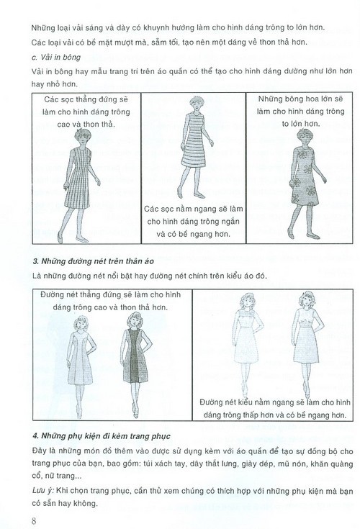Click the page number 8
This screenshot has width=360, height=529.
[34, 520]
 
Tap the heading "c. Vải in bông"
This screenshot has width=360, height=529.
[56, 57]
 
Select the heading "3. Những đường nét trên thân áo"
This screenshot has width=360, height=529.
[93, 261]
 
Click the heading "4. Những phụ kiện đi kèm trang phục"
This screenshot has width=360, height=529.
[102, 436]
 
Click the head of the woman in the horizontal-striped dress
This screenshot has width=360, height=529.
[195, 104]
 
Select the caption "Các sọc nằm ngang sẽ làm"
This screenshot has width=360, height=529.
[194, 209]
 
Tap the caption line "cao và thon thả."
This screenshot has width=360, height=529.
[86, 124]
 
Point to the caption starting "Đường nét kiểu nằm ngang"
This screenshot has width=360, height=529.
[275, 409]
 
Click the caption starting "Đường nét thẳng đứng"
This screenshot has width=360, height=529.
[110, 301]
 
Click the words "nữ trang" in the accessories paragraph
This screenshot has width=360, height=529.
[64, 476]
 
